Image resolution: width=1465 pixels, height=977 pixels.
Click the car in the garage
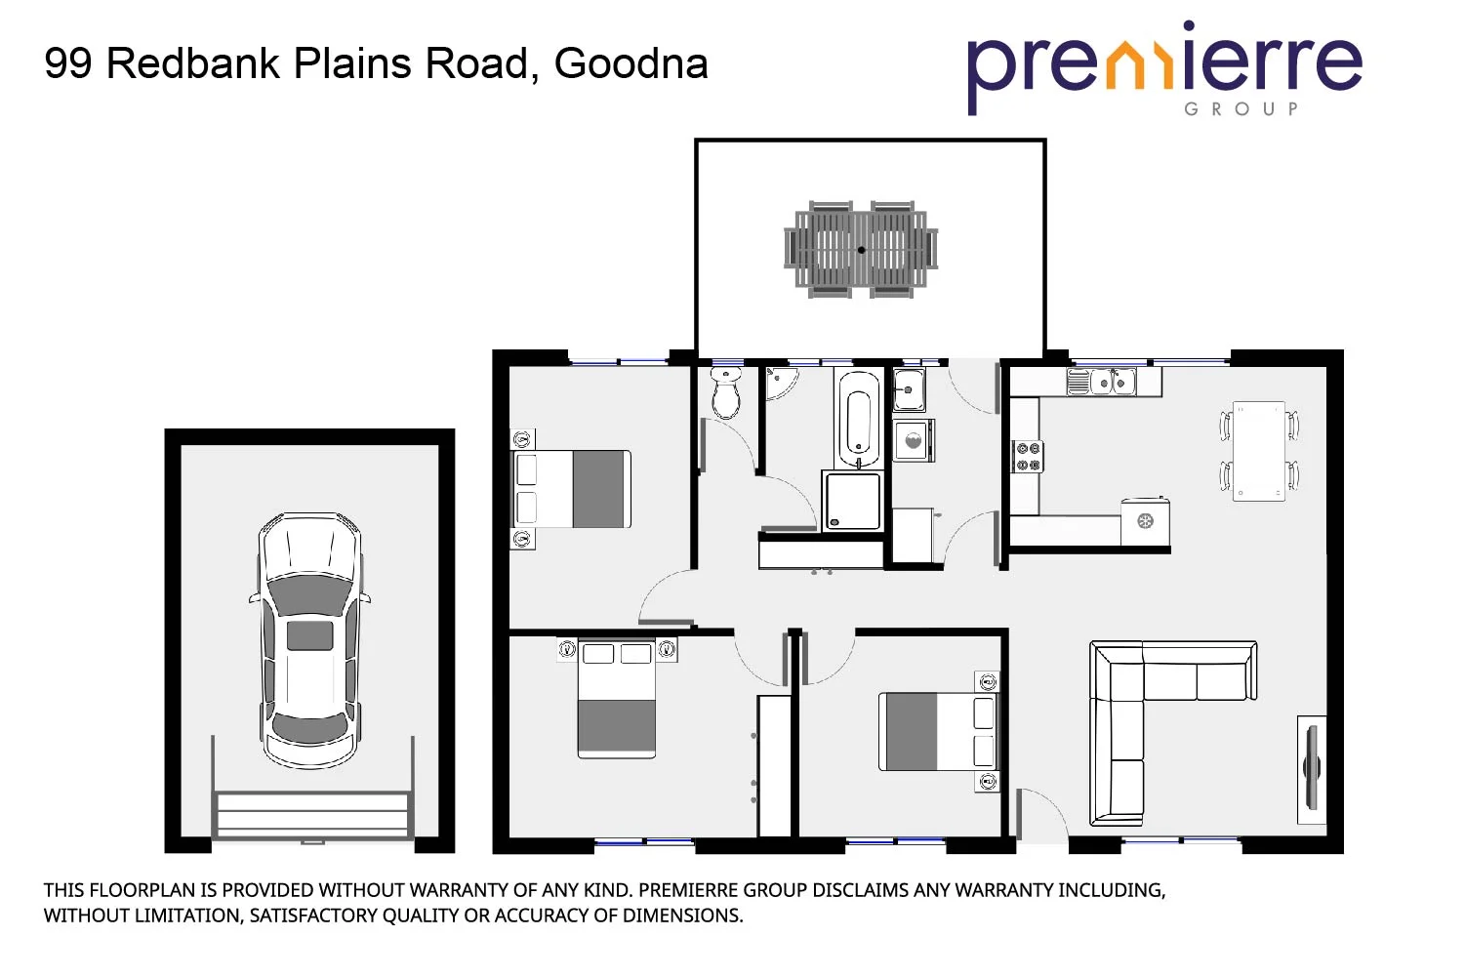click(x=309, y=640)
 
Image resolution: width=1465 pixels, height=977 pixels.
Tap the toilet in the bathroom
click(x=725, y=392)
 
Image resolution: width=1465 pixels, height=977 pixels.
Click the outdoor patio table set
click(x=861, y=250)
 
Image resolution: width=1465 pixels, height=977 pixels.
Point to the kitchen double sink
click(x=1111, y=382)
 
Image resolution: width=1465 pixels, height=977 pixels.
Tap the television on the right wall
click(x=1311, y=767)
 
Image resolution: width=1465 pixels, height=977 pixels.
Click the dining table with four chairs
click(x=1259, y=451)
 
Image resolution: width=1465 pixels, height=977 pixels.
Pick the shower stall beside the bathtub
click(x=852, y=501)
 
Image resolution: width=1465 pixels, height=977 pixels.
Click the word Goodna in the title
click(x=631, y=64)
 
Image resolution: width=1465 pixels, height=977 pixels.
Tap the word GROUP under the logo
click(x=1241, y=109)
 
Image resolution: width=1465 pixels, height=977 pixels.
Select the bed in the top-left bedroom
click(x=572, y=489)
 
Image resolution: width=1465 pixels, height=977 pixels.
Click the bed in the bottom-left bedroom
click(x=616, y=699)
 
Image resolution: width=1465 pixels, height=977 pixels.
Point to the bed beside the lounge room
click(x=937, y=731)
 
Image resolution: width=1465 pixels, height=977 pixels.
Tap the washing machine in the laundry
click(x=914, y=441)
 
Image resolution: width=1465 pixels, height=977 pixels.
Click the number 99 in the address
click(x=68, y=64)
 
